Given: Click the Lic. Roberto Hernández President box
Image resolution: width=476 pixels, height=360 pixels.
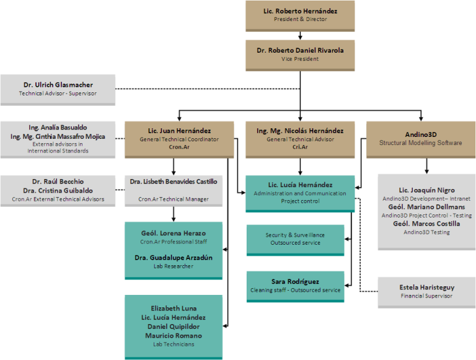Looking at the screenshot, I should pos(300,15).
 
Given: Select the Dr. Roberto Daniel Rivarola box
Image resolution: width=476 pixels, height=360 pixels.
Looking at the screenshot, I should pos(300,54).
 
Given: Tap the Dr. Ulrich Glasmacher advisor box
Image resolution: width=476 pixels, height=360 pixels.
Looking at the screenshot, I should pos(58,89).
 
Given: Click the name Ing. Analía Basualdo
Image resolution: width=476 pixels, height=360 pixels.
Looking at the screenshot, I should pos(58,127).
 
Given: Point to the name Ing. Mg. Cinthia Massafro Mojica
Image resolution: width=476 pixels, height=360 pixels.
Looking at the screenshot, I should pos(58,136).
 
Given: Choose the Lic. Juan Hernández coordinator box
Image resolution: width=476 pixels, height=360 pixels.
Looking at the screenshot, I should pos(179,138).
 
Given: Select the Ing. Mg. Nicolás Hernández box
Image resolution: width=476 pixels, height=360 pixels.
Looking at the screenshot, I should pos(300,138).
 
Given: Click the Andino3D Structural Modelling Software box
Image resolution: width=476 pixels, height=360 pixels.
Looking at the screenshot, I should pos(421,138).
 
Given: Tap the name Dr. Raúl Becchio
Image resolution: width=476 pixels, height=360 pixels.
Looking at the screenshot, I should pos(58,182).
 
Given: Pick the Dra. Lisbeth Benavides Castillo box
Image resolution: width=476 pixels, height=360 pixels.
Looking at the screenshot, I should pos(174,190).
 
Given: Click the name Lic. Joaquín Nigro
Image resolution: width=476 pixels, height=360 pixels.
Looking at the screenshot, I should pos(426,190).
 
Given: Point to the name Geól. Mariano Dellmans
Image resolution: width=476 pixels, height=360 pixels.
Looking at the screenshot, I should pos(426,206).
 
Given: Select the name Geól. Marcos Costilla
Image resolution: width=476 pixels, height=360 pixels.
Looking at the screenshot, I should pos(426,224).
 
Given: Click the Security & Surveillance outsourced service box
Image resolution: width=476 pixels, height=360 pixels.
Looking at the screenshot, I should pos(295,239).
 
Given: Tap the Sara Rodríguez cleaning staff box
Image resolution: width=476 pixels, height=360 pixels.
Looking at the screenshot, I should pos(295,286).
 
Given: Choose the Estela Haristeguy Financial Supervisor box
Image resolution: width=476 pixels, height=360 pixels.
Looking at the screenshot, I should pos(426,291).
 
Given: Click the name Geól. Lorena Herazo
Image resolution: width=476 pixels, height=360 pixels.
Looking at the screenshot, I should pos(174,233).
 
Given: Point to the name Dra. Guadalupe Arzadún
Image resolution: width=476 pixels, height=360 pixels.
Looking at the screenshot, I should pos(174,257).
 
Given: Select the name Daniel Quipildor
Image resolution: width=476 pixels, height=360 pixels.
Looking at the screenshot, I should pos(174,327).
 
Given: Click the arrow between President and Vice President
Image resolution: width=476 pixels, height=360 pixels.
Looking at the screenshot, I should pos(300,35).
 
